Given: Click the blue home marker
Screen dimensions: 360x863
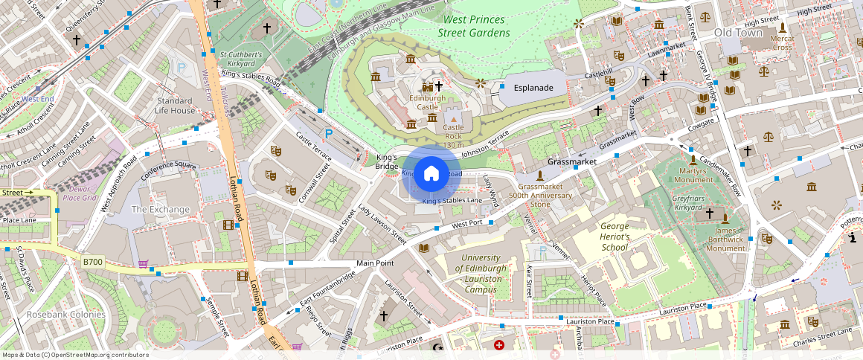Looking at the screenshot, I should coord(431,173).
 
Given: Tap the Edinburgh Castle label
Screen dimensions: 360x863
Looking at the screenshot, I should coord(427,103).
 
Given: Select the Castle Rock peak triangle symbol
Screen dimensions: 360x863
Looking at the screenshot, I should coord(454,118).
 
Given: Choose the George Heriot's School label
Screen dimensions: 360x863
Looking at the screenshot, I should coord(603,237).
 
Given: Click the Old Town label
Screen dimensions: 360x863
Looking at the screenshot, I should coord(738,33).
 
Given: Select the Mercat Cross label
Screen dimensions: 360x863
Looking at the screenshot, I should coord(782,42).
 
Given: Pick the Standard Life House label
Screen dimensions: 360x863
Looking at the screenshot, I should coord(175,106).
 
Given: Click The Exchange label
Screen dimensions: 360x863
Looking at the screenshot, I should coord(160,210).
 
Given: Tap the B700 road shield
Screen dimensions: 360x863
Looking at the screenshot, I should coord(93,262).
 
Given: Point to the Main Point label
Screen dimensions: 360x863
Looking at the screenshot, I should coord(375,263).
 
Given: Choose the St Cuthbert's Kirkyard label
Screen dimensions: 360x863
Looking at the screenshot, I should coord(241,59).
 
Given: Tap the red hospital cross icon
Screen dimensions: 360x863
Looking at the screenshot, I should coord(499,345).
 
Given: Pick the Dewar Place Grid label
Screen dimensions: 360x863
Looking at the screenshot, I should coord(80,193).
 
